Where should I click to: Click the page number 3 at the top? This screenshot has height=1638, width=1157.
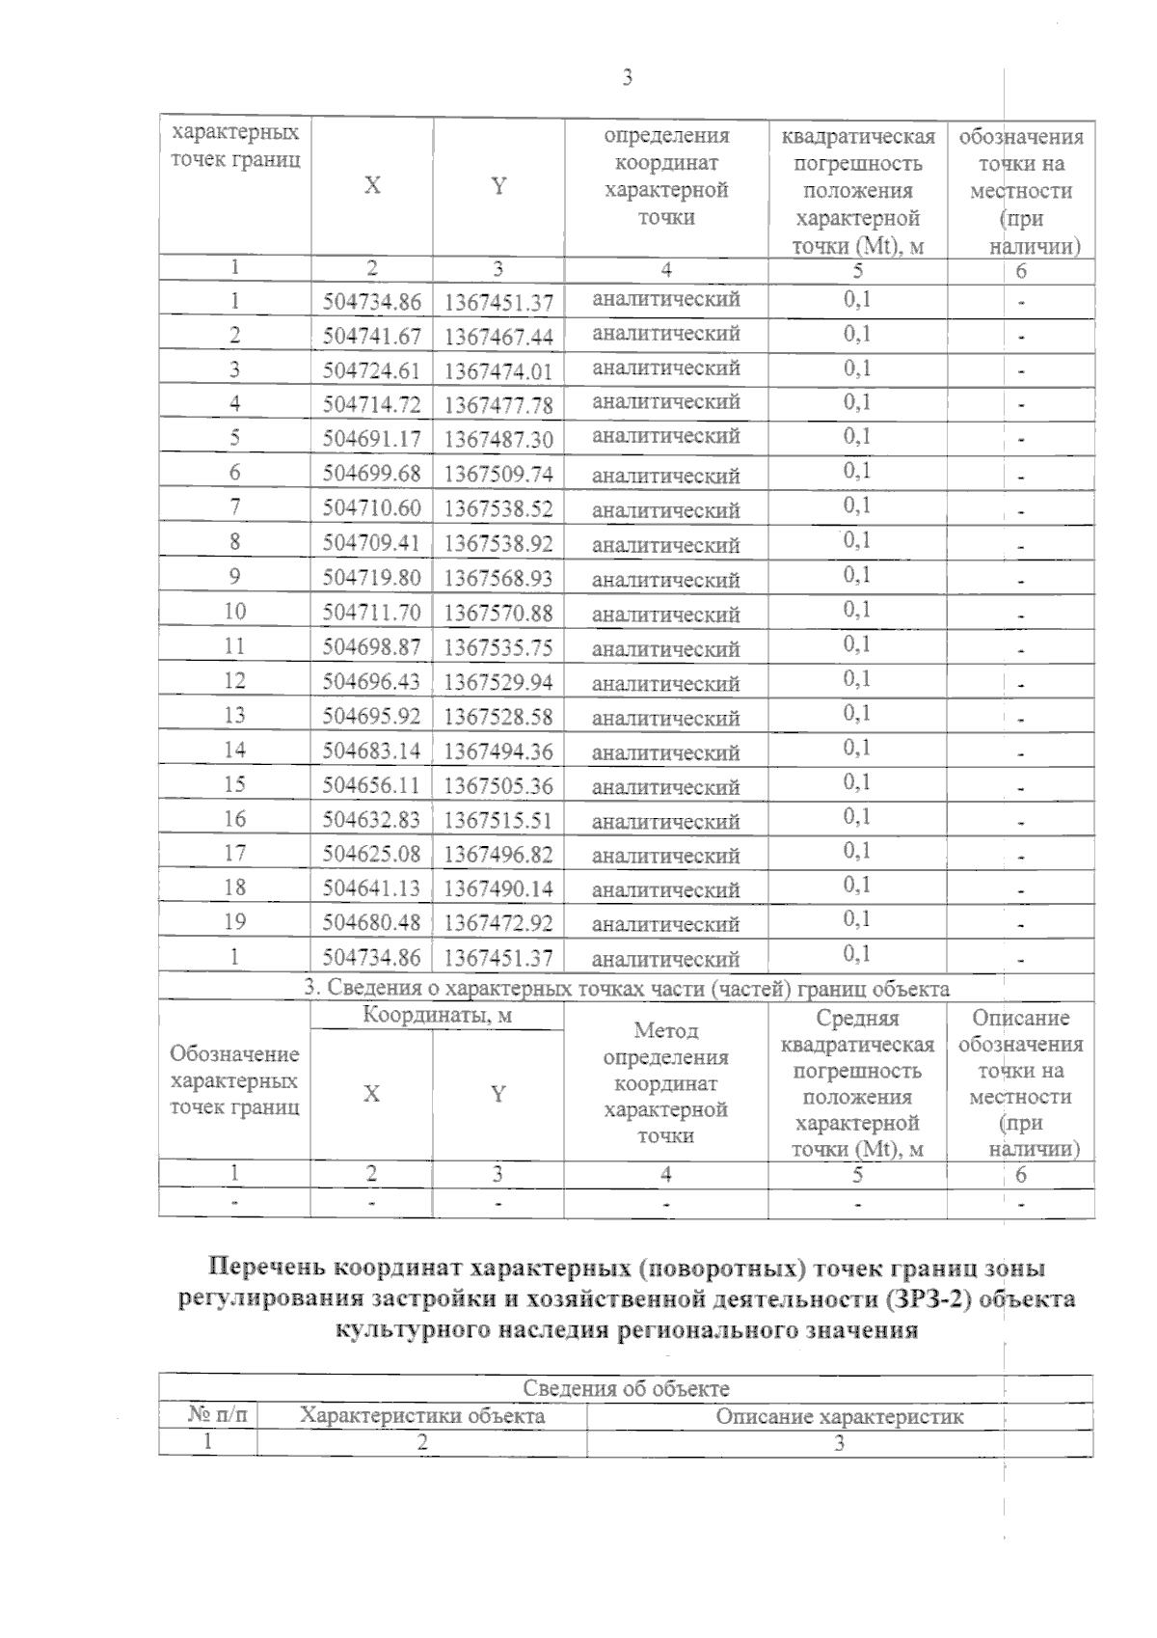[x=627, y=78]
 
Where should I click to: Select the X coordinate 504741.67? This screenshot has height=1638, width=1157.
[x=372, y=336]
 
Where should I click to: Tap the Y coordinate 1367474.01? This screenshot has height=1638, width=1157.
[x=498, y=370]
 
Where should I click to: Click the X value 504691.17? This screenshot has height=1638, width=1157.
[x=372, y=439]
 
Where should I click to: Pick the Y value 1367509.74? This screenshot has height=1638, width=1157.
[x=498, y=474]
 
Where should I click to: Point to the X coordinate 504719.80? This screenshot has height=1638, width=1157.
[x=372, y=578]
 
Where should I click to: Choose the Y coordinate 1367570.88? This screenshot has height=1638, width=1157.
[x=498, y=613]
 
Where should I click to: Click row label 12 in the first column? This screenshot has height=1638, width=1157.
[x=234, y=681]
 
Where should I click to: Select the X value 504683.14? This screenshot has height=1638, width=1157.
[x=372, y=751]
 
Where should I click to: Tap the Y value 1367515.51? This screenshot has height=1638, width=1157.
[x=498, y=820]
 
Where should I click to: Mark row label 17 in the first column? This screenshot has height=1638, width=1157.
[x=234, y=854]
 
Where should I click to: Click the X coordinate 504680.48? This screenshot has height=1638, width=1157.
[x=372, y=923]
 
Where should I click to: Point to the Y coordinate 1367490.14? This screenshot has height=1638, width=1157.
[x=498, y=888]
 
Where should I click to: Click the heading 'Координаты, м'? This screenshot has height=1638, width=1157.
[x=437, y=1016]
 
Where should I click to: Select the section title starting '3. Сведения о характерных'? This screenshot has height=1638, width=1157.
[x=627, y=988]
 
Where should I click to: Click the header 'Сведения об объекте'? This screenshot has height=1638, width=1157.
[x=626, y=1389]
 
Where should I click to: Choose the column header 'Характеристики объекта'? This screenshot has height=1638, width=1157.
[x=422, y=1416]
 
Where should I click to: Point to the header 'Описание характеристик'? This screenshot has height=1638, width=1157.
[x=839, y=1417]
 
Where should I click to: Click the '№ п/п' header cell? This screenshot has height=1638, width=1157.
[x=208, y=1416]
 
